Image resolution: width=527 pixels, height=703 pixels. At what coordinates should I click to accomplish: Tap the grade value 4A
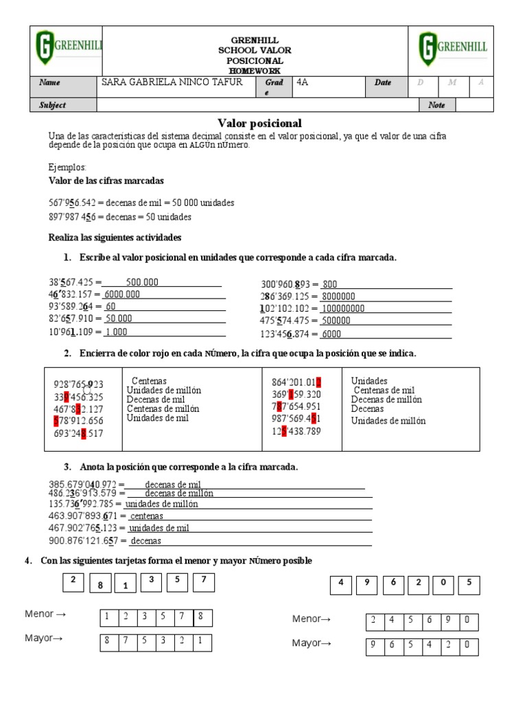point(303,82)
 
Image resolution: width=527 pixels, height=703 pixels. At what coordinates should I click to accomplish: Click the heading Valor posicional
point(259,124)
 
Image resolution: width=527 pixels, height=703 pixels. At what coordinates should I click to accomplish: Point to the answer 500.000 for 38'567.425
point(142,282)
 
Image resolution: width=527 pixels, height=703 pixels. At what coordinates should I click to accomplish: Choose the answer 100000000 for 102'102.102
point(343,309)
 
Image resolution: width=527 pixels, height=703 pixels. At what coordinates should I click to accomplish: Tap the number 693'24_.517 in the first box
point(79,433)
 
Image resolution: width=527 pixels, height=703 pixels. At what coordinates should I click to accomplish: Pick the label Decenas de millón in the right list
point(386,400)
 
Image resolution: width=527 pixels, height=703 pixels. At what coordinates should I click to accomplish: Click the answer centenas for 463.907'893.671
point(147,516)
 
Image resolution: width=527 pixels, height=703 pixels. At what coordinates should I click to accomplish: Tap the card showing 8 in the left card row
point(100,586)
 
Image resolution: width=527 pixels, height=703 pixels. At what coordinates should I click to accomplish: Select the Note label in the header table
point(436,105)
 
